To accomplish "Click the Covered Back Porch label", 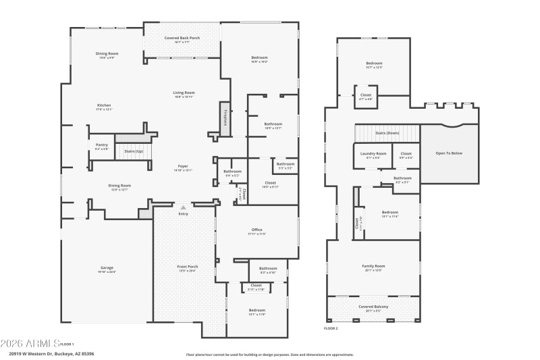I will pos(182,38).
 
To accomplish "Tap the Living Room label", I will pos(184,93).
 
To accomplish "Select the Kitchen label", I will pos(104,105).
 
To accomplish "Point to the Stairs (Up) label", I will pos(134,151).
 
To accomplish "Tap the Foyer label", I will pos(183,166).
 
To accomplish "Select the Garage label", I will pos(107,268).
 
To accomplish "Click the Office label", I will pos(256,230).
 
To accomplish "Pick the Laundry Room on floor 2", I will pos(372,154).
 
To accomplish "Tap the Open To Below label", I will pos(449,153).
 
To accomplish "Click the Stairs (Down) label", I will pos(387,133).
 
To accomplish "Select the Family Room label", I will pos(373,266).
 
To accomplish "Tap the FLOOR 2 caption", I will pos(331,328).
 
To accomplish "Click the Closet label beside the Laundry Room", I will pos(406,154).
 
